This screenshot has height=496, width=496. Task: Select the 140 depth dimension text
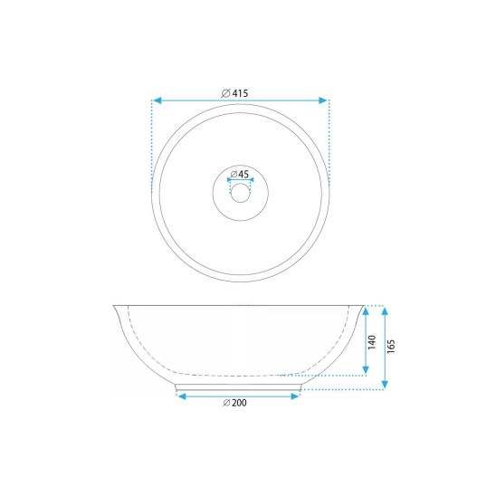372,342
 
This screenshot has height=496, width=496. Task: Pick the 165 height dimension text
391,347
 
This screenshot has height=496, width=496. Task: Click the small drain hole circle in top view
241,193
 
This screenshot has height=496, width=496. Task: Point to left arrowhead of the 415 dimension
157,100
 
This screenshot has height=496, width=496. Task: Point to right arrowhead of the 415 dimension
323,100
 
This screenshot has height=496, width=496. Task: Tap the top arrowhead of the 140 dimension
366,311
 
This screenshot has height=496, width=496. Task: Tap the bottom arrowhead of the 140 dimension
366,370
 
